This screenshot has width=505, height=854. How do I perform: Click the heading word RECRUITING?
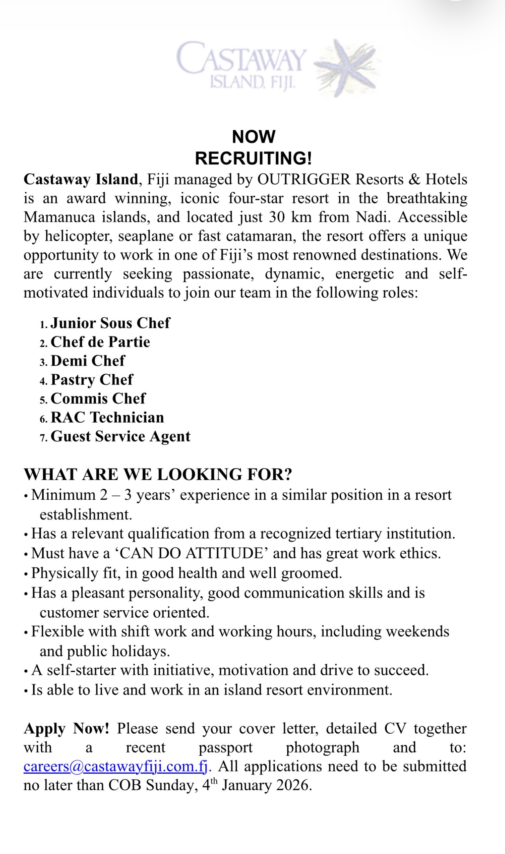(x=253, y=158)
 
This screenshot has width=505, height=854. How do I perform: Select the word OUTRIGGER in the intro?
(x=304, y=179)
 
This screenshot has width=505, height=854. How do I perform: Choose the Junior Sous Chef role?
(x=110, y=323)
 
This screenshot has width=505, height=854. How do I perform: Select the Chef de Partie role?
(x=100, y=342)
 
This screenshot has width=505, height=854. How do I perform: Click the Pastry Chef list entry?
(x=92, y=379)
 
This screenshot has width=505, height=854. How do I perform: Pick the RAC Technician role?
(x=107, y=417)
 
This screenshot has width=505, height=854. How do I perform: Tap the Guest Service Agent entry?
(x=120, y=436)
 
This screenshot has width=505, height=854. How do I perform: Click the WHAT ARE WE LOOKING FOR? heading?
(x=158, y=474)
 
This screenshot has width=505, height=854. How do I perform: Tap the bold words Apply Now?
(x=66, y=729)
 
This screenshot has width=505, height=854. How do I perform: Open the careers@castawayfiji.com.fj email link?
(x=117, y=766)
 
